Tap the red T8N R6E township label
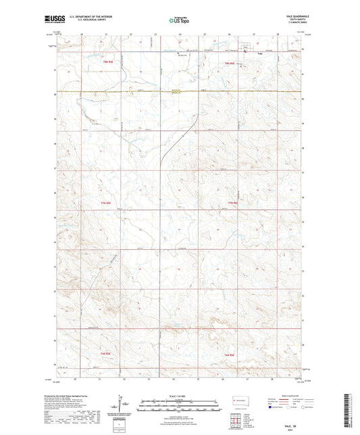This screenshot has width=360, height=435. pos(229,63)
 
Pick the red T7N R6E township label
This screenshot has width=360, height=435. pos(232,203)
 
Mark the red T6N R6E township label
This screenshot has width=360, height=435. pos(229,354)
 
